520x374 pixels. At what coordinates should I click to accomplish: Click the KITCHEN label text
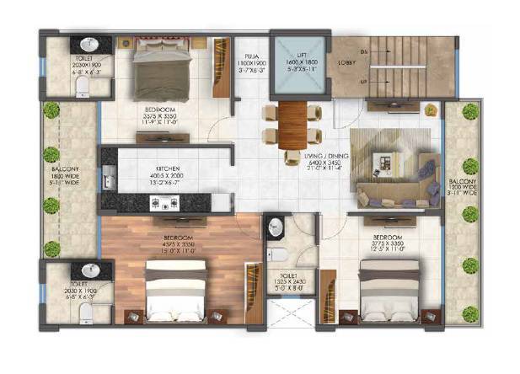(x=159, y=168)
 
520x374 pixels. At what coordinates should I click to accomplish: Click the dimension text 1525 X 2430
(x=281, y=283)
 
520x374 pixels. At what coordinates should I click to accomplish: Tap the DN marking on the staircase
(x=365, y=51)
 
